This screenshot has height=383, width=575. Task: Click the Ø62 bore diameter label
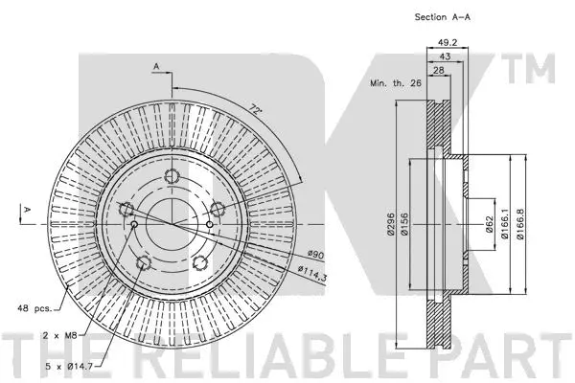pyautogui.click(x=489, y=225)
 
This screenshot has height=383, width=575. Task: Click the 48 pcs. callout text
pyautogui.click(x=34, y=309)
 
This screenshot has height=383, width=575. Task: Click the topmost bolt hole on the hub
pyautogui.click(x=172, y=176)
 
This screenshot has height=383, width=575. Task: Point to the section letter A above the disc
pyautogui.click(x=155, y=65)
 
